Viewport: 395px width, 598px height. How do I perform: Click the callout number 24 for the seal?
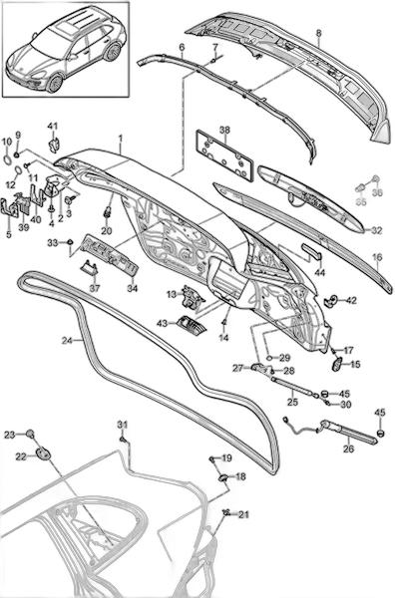click(x=67, y=340)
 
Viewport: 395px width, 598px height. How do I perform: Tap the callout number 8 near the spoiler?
click(x=318, y=33)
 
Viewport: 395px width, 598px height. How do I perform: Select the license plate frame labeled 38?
click(x=224, y=154)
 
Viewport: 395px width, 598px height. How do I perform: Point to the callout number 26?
click(x=348, y=448)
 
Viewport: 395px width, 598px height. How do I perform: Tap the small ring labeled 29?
click(x=269, y=358)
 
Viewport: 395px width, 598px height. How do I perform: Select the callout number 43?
click(x=163, y=323)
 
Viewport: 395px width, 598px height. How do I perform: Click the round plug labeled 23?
click(x=30, y=434)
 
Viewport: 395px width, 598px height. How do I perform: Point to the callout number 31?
click(x=122, y=425)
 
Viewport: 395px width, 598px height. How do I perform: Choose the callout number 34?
click(x=132, y=289)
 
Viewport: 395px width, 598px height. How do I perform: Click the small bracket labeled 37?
click(x=88, y=265)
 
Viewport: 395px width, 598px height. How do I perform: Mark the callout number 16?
click(x=377, y=257)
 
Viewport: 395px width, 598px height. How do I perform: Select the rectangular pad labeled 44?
click(x=312, y=250)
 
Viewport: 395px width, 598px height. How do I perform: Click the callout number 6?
click(x=182, y=48)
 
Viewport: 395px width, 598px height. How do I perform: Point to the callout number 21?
click(x=243, y=515)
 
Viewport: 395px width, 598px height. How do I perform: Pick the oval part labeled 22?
click(x=43, y=453)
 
